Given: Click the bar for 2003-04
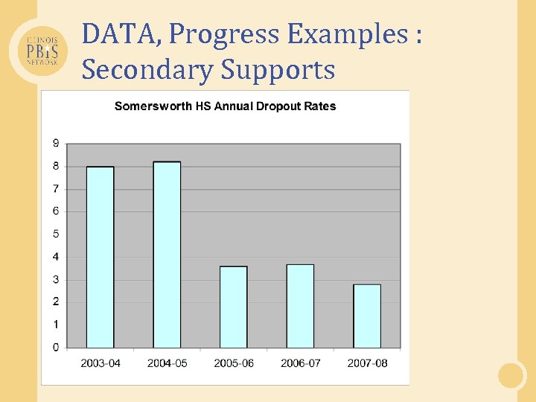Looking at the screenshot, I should (100, 257).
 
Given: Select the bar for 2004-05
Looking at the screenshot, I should (167, 255).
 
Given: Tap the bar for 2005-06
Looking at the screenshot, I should (233, 307).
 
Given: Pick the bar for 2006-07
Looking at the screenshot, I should (300, 306).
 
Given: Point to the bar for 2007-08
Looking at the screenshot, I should (367, 316).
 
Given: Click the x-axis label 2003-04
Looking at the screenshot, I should (100, 363).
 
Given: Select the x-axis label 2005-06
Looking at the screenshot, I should (234, 363).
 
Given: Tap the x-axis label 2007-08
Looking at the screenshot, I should (367, 363).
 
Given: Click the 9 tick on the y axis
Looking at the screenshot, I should (56, 144).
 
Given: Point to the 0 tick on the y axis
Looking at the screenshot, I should (56, 347).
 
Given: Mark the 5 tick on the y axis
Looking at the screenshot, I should (56, 234).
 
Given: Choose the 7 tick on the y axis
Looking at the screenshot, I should (56, 189).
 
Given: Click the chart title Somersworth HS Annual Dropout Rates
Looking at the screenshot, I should (225, 106).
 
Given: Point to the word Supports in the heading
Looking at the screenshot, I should (278, 71).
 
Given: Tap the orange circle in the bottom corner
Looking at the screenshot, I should (511, 374).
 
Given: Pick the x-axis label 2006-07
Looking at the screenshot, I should (301, 363).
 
